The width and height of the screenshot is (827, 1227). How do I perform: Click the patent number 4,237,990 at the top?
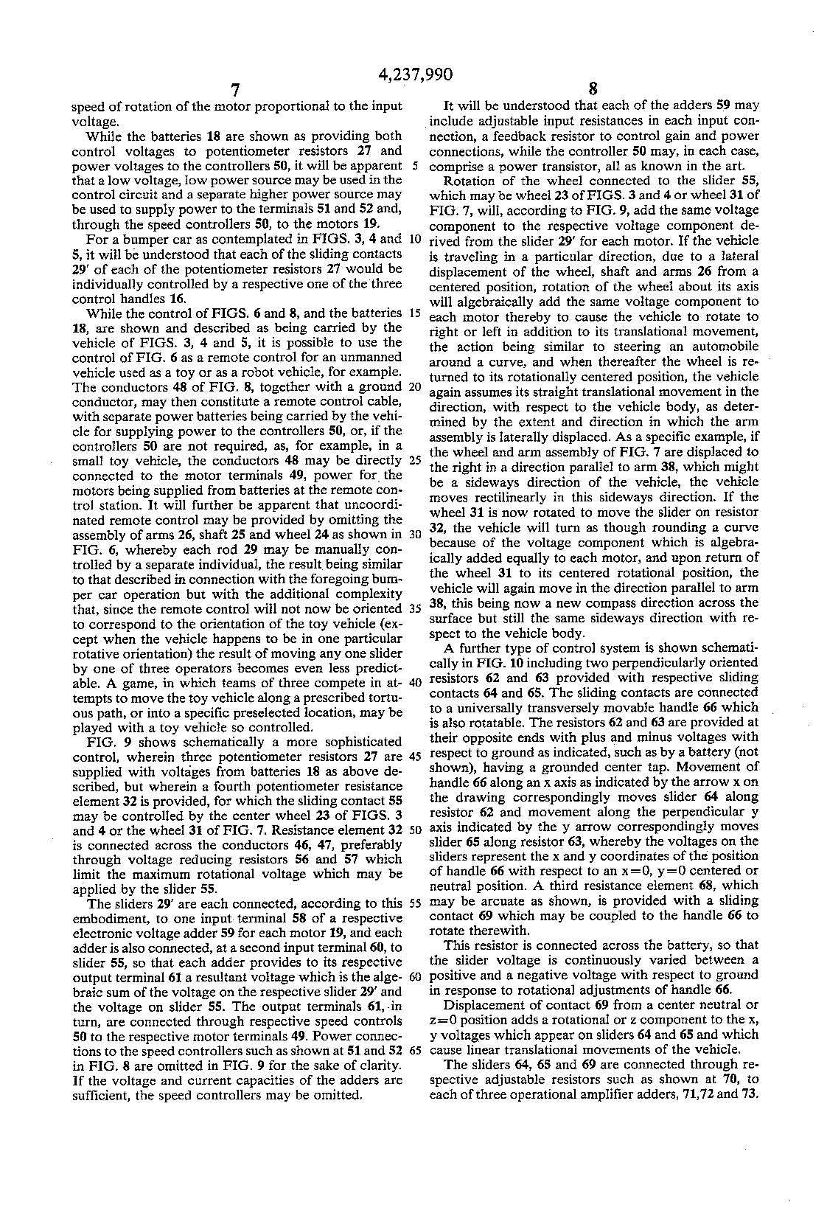coord(414,74)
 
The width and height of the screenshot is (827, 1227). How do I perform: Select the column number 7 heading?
coord(234,91)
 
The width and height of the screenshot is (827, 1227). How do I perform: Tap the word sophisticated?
coord(354,741)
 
